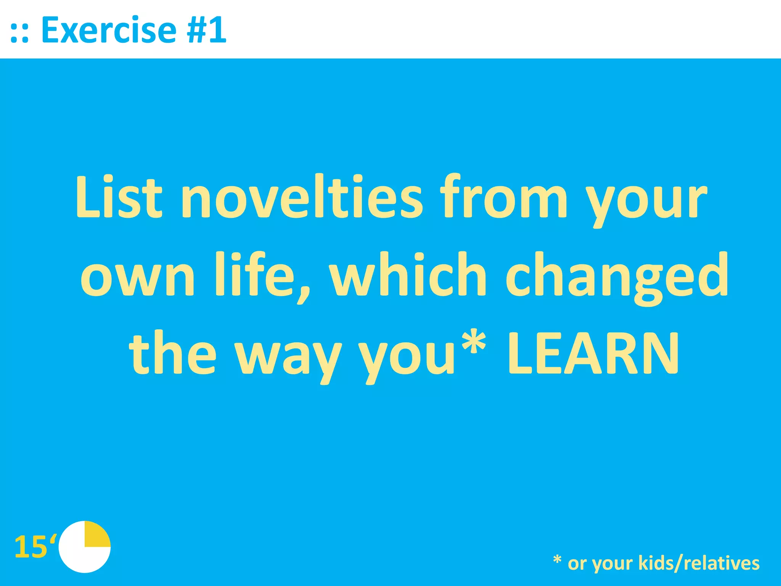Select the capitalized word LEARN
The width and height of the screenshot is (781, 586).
tap(593, 353)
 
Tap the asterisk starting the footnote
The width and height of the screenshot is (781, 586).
tap(557, 560)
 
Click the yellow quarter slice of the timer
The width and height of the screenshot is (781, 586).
tap(96, 535)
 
